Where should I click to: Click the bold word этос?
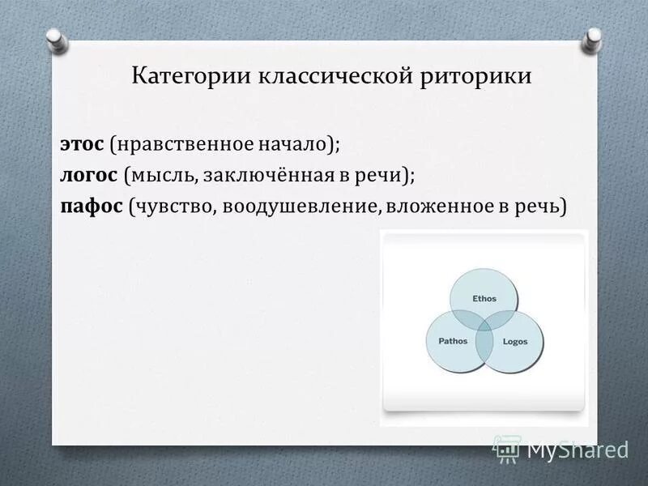pos(81,144)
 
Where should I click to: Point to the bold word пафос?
pos(91,206)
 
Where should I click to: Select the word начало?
pos(292,144)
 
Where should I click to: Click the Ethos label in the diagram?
pos(484,299)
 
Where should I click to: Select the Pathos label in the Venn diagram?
pos(453,341)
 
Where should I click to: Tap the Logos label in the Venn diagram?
pos(515,342)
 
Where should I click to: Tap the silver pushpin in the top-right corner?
pos(593,37)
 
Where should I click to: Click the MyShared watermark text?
pos(578,449)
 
